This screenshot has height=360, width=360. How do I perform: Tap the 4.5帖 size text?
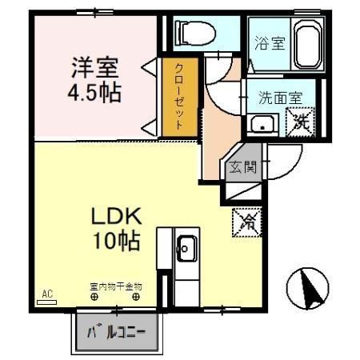pos(94,91)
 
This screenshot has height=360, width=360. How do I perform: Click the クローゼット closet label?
pos(178,97)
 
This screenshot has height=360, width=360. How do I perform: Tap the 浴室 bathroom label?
pos(270,43)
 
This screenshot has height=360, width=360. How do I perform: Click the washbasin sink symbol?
pos(262,124)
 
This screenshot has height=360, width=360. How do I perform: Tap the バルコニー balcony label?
pos(118,331)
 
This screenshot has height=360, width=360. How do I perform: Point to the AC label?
pos(46,294)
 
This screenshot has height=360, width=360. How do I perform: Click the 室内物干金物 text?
pos(115,286)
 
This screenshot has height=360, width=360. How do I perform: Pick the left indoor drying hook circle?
pos(94,298)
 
